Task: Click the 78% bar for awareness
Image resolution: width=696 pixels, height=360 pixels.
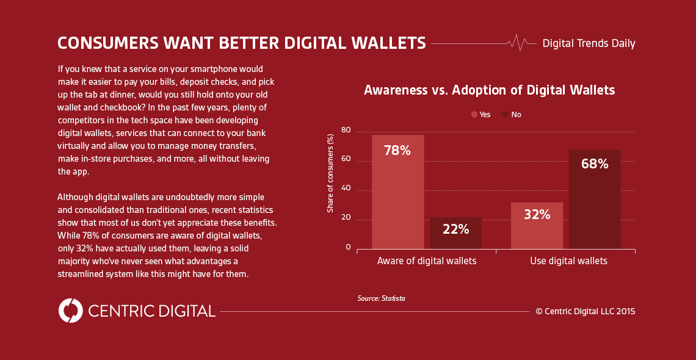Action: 397,192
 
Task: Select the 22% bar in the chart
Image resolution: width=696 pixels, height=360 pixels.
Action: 455,233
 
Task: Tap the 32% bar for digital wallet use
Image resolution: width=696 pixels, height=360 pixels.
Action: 537,225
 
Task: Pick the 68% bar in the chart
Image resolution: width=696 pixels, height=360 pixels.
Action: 595,200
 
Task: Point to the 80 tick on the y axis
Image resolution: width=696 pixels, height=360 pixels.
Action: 346,130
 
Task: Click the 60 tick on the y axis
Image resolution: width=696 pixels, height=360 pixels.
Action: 346,159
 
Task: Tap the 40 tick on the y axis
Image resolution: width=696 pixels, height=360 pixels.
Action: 346,189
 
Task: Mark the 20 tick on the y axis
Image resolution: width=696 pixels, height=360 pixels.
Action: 346,218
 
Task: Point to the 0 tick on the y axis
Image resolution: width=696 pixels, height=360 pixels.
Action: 348,247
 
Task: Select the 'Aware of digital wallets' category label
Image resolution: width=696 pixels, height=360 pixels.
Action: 427,261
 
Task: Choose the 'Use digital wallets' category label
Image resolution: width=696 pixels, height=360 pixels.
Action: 568,261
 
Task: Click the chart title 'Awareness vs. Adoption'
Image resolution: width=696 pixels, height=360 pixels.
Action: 489,90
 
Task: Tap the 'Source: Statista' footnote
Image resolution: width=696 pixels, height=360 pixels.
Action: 382,298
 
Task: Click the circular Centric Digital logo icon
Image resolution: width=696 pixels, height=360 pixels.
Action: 71,311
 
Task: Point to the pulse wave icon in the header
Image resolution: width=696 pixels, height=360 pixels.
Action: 518,43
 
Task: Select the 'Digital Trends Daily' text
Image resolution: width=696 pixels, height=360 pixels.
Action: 589,43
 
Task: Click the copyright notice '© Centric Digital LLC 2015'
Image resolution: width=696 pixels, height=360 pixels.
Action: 585,311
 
